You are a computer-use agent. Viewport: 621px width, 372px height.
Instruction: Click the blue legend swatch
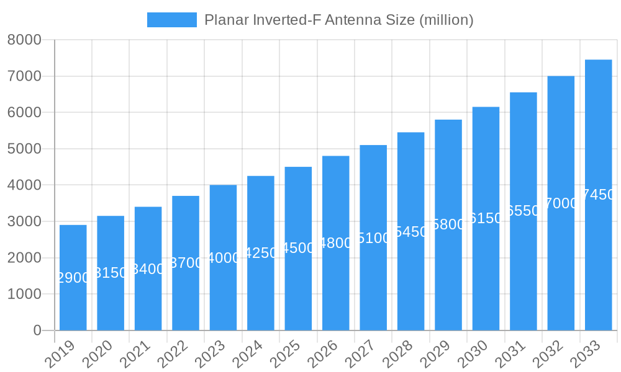click(171, 20)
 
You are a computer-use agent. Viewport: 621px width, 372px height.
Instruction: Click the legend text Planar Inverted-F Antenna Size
click(338, 20)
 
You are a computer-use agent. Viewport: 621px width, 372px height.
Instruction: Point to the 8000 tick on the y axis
click(24, 40)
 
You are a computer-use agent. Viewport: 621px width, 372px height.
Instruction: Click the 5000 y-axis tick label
click(24, 149)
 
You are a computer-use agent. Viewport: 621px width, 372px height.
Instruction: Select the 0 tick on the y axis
click(37, 330)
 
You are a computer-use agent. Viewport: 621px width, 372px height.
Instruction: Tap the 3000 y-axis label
click(24, 221)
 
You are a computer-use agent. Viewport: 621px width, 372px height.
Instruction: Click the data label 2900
click(73, 278)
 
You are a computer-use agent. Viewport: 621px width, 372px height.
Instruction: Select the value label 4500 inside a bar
click(298, 248)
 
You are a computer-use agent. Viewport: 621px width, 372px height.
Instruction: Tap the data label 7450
click(599, 195)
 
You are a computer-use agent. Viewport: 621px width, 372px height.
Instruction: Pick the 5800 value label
click(448, 224)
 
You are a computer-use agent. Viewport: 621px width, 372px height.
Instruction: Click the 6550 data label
click(524, 211)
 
